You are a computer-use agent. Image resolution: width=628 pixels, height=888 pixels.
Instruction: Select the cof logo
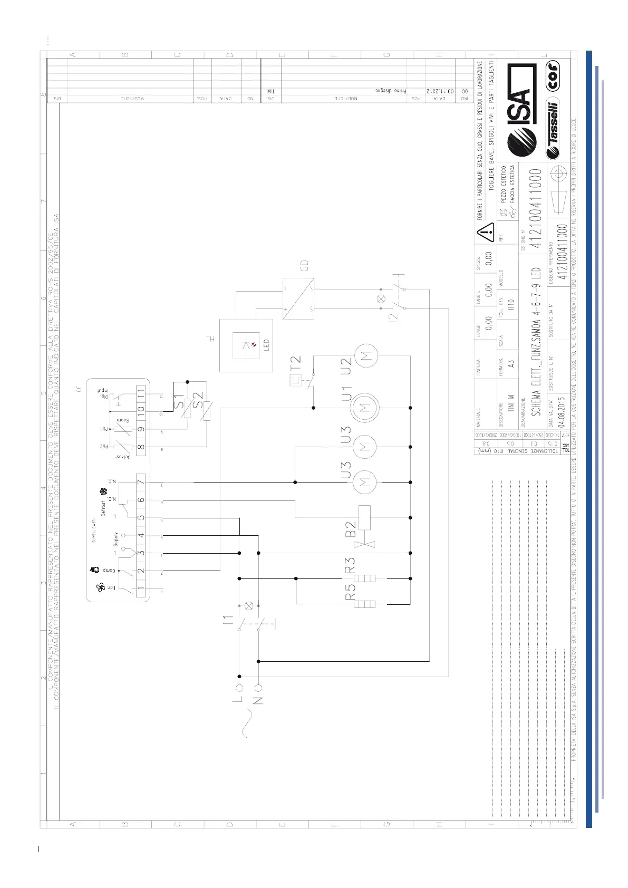coord(553,77)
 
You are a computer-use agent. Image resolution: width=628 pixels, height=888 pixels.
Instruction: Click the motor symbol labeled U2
coord(366,354)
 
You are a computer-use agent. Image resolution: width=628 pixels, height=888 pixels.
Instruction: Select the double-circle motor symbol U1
coord(365,408)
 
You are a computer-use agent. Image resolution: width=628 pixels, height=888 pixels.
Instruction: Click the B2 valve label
coord(350,526)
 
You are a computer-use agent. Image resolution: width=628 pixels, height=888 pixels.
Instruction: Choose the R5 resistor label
coord(350,591)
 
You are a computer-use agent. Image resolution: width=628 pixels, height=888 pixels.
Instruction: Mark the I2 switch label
coord(392,318)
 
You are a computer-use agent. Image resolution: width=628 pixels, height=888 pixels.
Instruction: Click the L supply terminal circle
coord(239,688)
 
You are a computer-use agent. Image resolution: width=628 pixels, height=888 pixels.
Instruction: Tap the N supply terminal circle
coord(258,688)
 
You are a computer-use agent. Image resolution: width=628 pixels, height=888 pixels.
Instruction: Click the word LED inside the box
coord(266,345)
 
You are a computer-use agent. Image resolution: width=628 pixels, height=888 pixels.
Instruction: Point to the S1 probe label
coord(179,401)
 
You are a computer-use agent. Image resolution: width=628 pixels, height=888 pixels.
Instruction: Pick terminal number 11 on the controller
coord(141,392)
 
